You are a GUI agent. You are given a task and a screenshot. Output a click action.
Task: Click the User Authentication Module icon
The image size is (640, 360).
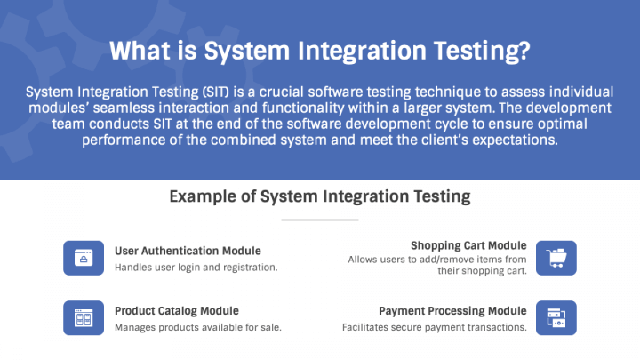click(84, 258)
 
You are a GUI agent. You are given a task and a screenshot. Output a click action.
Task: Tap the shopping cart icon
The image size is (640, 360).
click(556, 258)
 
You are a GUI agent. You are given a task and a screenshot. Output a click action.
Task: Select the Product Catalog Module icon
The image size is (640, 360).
click(84, 318)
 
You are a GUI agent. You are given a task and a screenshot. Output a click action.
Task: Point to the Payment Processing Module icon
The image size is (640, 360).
click(556, 318)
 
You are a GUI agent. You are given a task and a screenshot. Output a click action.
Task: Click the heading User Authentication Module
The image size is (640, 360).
click(188, 251)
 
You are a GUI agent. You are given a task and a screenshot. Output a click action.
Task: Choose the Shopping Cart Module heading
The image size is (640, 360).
click(468, 245)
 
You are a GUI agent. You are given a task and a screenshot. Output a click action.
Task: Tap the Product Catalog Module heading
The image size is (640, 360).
click(177, 310)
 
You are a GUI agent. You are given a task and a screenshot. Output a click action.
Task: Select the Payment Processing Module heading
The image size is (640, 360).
click(452, 310)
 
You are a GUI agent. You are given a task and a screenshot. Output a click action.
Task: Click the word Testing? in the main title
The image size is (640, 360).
click(482, 52)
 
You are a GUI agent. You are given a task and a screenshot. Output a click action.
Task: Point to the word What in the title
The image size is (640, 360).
click(140, 51)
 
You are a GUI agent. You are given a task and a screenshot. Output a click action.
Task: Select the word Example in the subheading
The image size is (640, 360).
click(203, 196)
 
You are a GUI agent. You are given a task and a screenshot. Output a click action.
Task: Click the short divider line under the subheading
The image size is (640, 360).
click(320, 220)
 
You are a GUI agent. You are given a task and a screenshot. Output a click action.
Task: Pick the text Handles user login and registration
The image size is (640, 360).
click(196, 268)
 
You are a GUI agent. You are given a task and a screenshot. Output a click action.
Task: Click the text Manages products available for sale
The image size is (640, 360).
click(198, 327)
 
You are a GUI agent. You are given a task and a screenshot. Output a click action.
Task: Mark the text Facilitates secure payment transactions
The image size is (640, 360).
click(435, 327)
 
